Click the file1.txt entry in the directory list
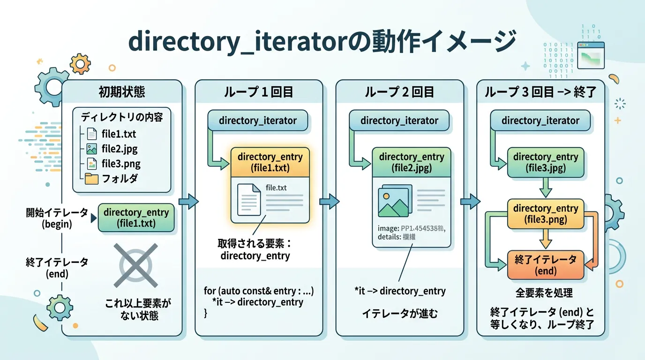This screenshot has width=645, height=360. point(118,134)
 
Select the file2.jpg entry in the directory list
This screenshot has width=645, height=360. point(119,149)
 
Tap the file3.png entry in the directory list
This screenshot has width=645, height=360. point(120,164)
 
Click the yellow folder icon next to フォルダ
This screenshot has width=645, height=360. point(91,179)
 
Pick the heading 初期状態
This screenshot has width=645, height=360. point(122,92)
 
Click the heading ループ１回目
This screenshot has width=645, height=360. point(258,92)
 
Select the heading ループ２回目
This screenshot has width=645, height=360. point(399,92)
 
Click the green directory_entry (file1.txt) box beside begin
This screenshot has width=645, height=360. point(136,218)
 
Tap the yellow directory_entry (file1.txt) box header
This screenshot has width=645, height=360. point(270,162)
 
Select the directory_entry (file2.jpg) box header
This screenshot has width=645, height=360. point(411,162)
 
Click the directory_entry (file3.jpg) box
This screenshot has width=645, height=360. point(546,162)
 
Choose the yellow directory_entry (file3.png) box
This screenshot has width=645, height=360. point(546,214)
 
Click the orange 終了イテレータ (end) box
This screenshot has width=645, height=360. point(546,265)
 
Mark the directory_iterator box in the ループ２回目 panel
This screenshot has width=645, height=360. point(399,120)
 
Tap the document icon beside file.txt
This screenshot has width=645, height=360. point(249,199)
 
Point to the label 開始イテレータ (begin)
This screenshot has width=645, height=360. point(57,218)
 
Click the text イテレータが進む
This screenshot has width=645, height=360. point(399,314)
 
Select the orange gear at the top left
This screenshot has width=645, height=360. point(80,63)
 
